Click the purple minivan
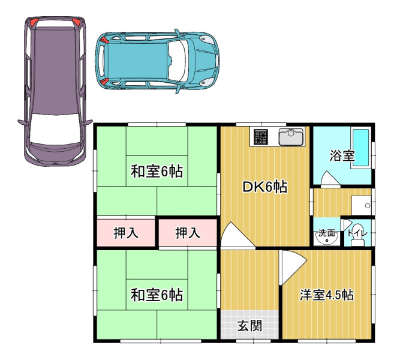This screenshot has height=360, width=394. [x=55, y=91]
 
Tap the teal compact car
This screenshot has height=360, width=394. [x=157, y=61]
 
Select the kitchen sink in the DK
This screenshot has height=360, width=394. [x=291, y=137]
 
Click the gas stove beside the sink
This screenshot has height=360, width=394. [x=261, y=137]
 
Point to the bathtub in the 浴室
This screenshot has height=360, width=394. [x=361, y=148]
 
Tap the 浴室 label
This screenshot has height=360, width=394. [x=342, y=156]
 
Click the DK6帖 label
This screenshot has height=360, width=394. [x=264, y=187]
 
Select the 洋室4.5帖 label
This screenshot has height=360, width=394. [x=326, y=295]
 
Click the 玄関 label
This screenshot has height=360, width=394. [x=249, y=326]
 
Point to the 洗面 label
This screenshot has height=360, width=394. [x=326, y=233]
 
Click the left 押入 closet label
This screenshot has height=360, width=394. [x=126, y=233]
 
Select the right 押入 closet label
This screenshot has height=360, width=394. [x=188, y=233]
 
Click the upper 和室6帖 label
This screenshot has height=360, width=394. [x=157, y=172]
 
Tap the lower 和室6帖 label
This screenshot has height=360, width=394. [x=157, y=295]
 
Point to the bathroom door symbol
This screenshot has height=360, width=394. [x=330, y=179]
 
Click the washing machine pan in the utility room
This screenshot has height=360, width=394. [x=362, y=205]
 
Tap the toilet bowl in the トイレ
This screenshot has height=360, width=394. [x=357, y=242]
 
